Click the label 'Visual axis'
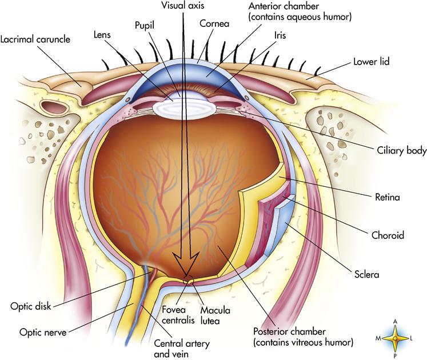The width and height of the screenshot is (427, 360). click(x=183, y=5)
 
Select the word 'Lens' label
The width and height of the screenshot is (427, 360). click(x=103, y=34)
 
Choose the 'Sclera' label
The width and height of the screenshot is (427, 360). click(x=367, y=275)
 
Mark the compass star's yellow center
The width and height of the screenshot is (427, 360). click(x=395, y=338)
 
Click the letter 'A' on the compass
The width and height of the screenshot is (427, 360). click(x=395, y=322)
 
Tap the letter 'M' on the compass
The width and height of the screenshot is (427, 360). click(x=378, y=339)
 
